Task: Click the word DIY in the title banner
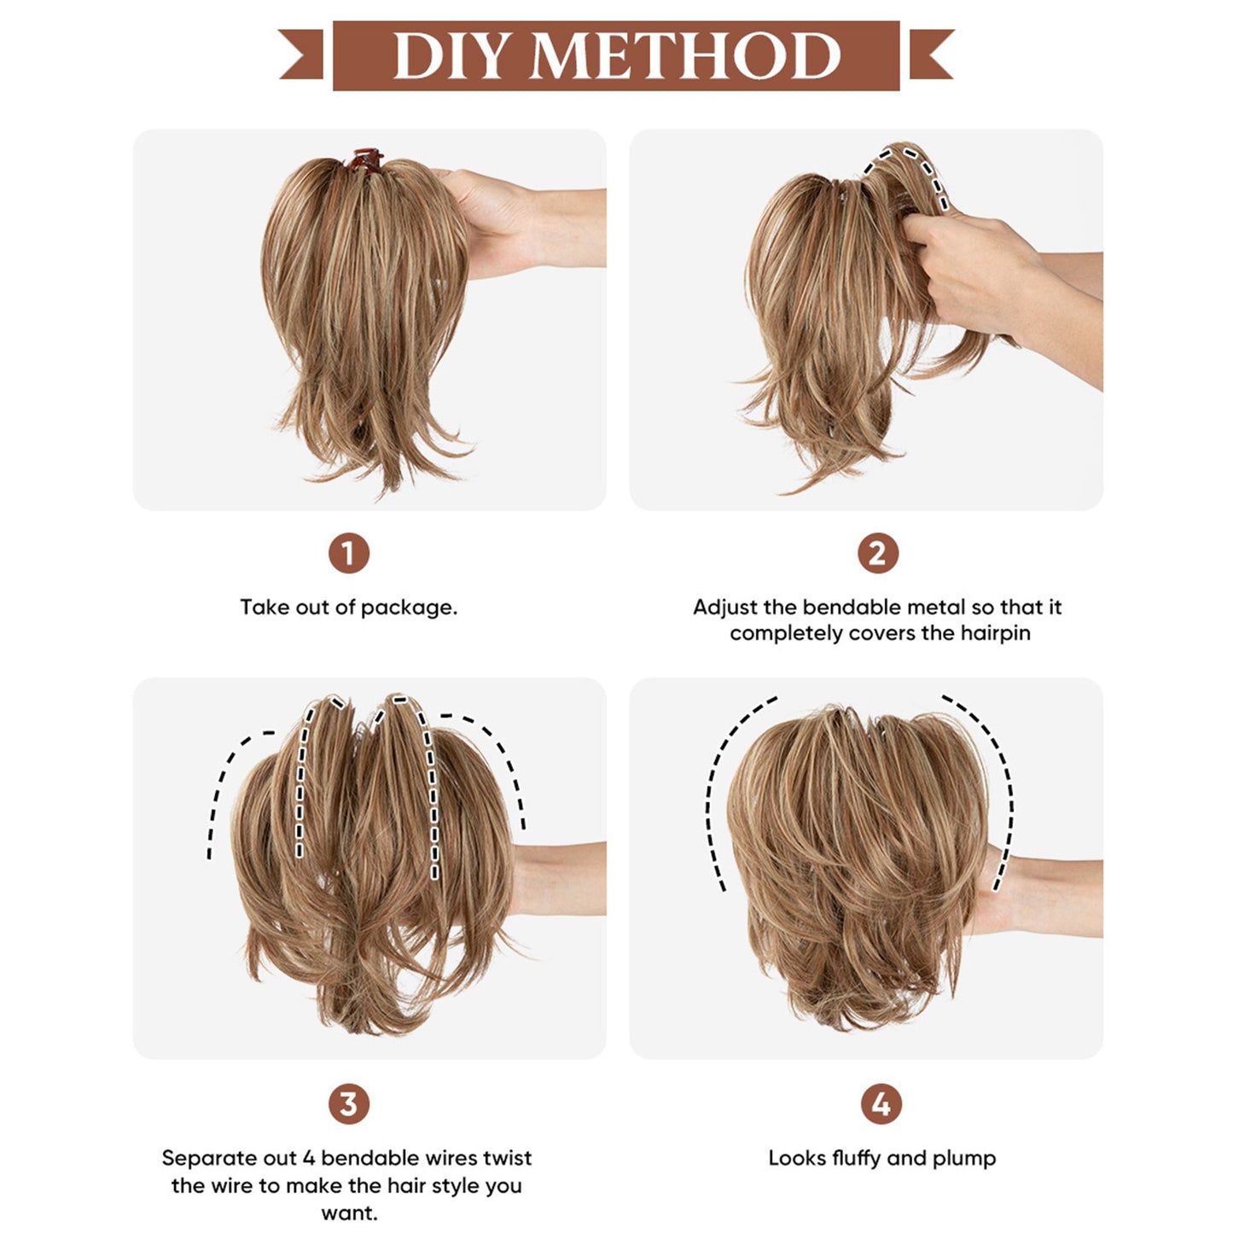[x=451, y=56]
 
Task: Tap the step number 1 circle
[x=349, y=554]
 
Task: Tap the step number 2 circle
[x=878, y=554]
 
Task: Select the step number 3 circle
[x=349, y=1104]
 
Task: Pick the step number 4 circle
[x=881, y=1104]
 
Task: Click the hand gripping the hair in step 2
[x=973, y=265]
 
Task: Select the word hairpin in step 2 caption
[x=995, y=633]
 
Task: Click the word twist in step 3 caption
[x=507, y=1158]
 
